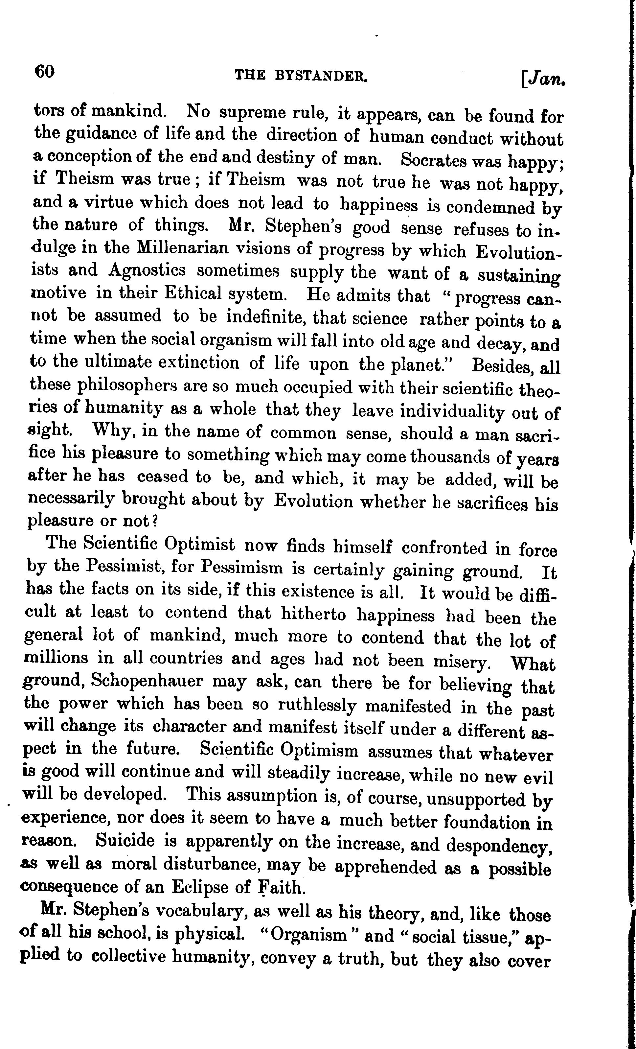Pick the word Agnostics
click(147, 269)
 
